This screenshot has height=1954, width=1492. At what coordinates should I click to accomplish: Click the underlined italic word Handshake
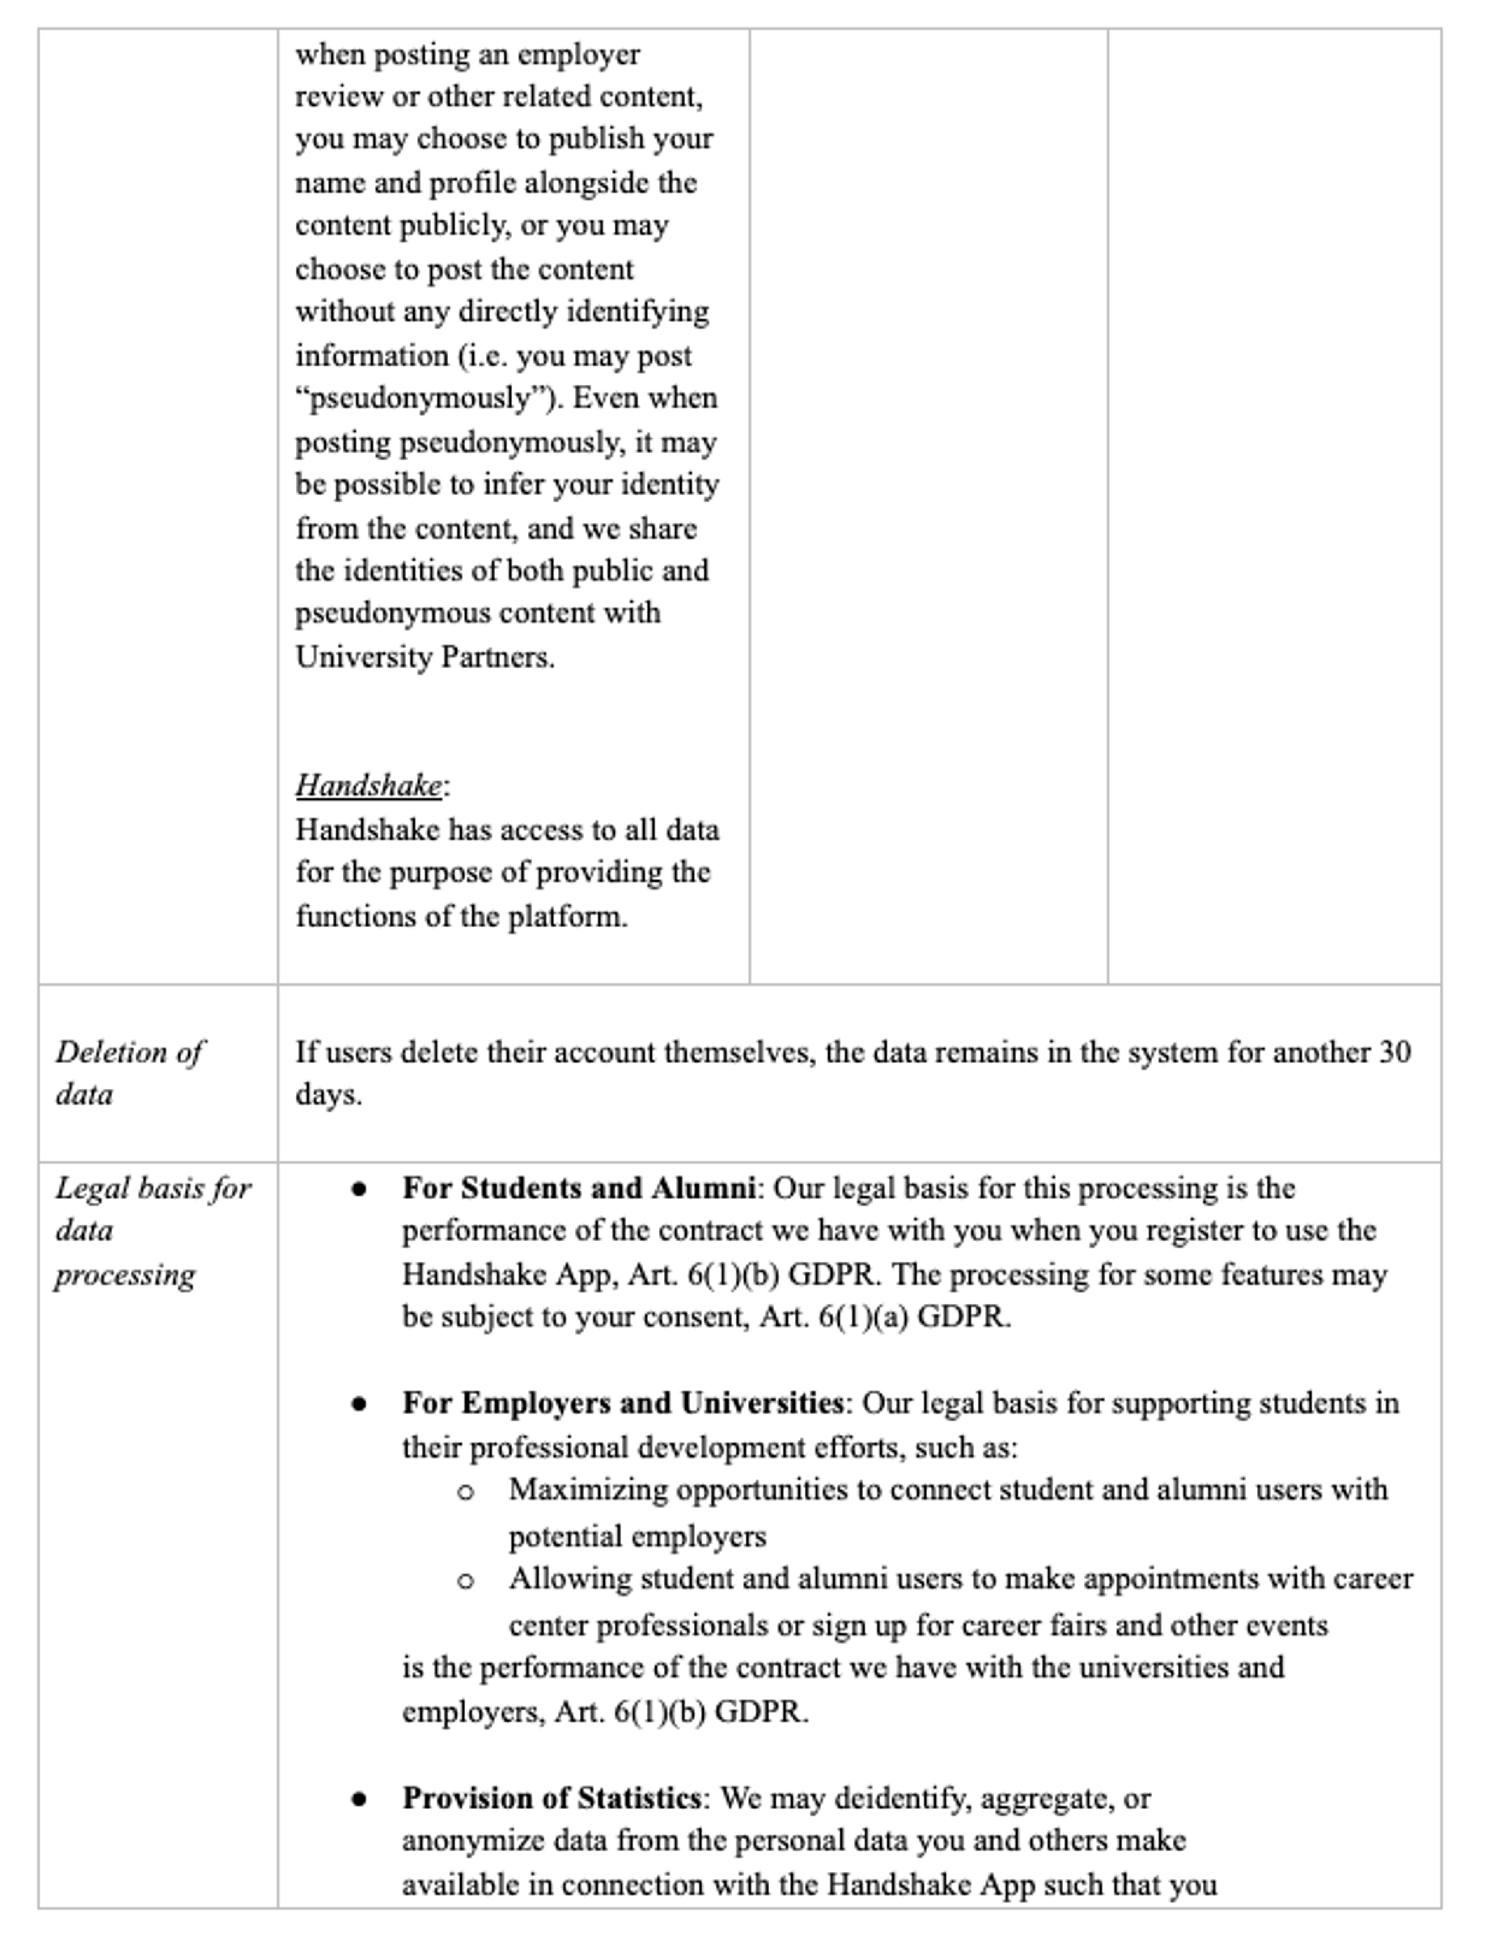coord(368,785)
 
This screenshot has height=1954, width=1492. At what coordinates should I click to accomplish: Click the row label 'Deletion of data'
coord(129,1073)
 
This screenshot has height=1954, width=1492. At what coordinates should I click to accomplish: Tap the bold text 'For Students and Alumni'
coord(578,1189)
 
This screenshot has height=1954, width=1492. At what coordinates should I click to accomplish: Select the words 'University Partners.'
coord(425,657)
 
